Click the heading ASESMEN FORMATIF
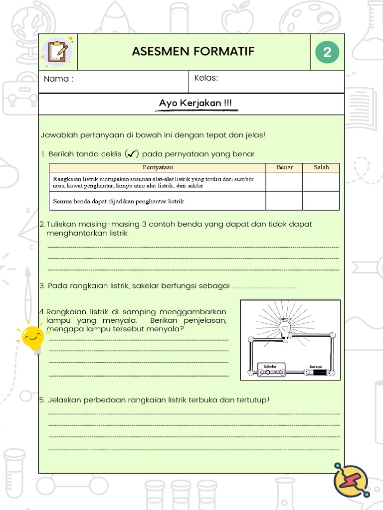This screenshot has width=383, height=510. (193, 52)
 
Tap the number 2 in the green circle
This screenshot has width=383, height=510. (327, 52)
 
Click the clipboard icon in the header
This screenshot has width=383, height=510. (58, 52)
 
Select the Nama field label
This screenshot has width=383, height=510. (58, 79)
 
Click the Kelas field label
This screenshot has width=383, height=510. (206, 78)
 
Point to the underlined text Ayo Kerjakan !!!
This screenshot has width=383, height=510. (195, 104)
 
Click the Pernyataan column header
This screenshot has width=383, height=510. (158, 167)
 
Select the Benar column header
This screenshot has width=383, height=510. (284, 167)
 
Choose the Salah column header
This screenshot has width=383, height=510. (321, 167)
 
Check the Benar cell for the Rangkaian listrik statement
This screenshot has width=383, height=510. (284, 182)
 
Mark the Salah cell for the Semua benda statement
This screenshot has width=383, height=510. (321, 201)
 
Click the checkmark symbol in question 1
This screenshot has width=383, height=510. (132, 154)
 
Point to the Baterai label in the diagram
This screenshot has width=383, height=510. (316, 366)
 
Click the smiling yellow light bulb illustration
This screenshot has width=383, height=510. (32, 338)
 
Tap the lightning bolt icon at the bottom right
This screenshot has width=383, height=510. (351, 479)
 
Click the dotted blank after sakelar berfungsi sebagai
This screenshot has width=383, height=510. (264, 287)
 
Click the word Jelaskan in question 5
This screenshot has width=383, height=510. (63, 399)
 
